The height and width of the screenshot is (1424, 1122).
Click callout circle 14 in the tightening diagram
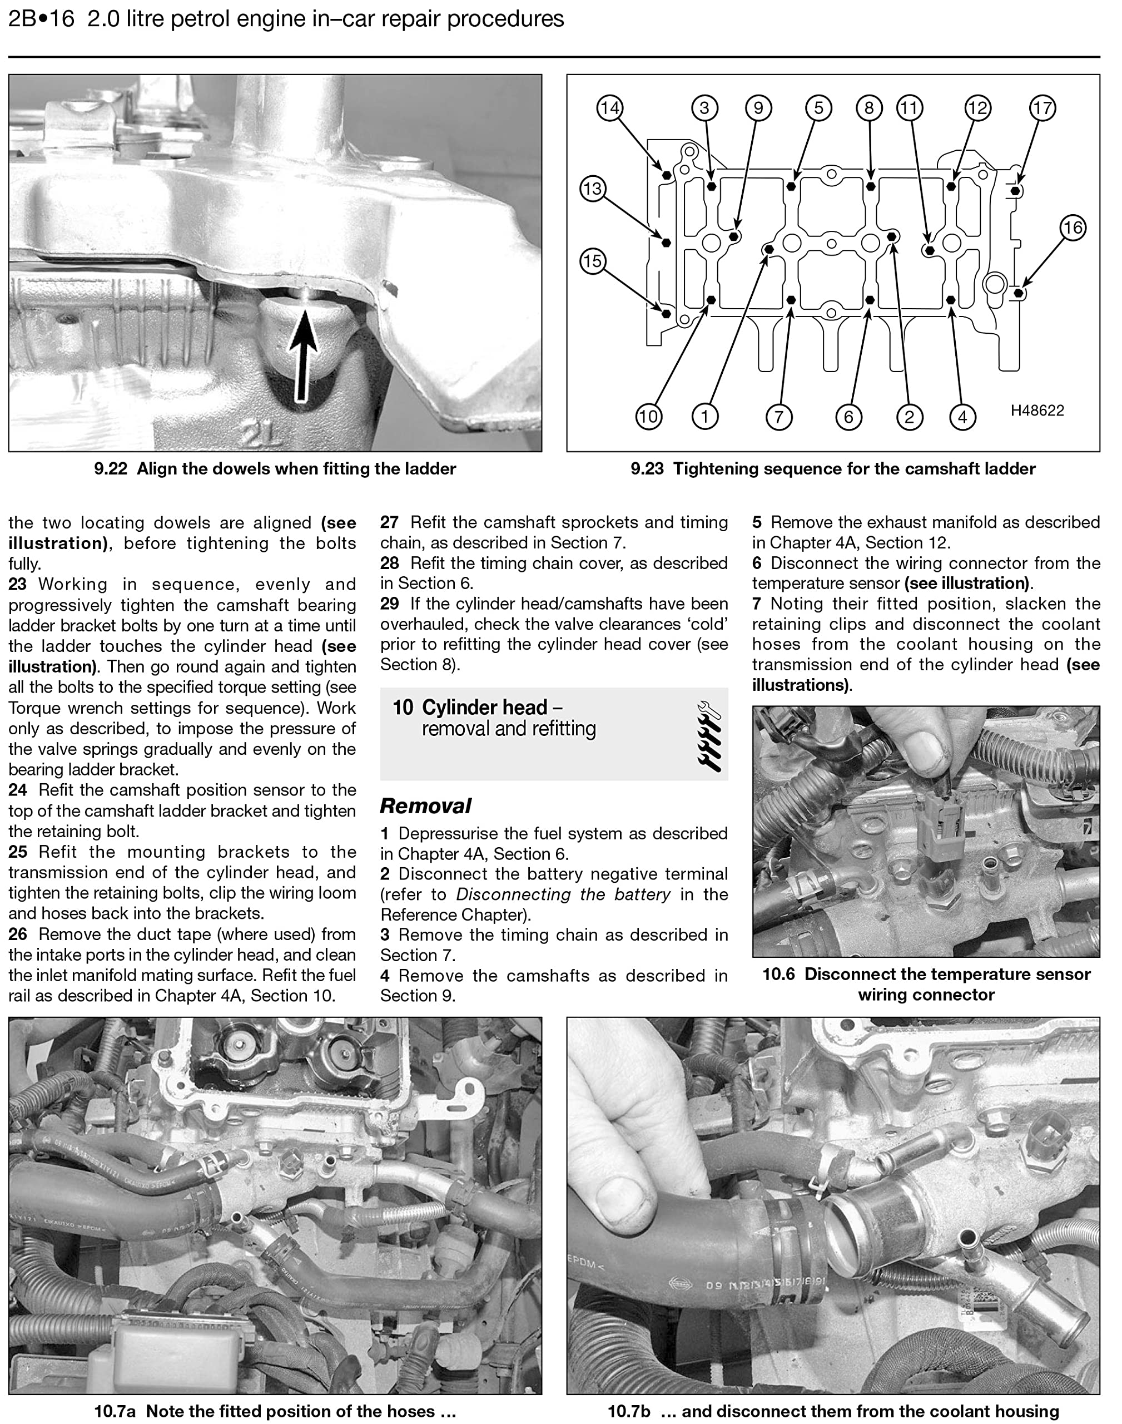(609, 108)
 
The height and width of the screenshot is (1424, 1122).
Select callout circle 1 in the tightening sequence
(705, 416)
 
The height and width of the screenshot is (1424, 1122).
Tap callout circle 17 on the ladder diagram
(1042, 108)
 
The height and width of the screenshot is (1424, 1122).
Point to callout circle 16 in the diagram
(1073, 228)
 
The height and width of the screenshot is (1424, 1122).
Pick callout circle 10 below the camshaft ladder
(648, 416)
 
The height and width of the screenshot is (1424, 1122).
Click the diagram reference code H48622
(1037, 411)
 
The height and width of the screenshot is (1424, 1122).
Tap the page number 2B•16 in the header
(41, 19)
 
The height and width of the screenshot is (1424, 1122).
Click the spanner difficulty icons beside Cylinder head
(709, 735)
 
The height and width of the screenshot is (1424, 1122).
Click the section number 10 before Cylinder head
(403, 707)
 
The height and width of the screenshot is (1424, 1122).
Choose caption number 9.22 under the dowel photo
(110, 468)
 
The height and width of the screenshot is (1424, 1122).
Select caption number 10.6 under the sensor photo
(778, 975)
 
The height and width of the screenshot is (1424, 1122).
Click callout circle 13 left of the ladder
(593, 189)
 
